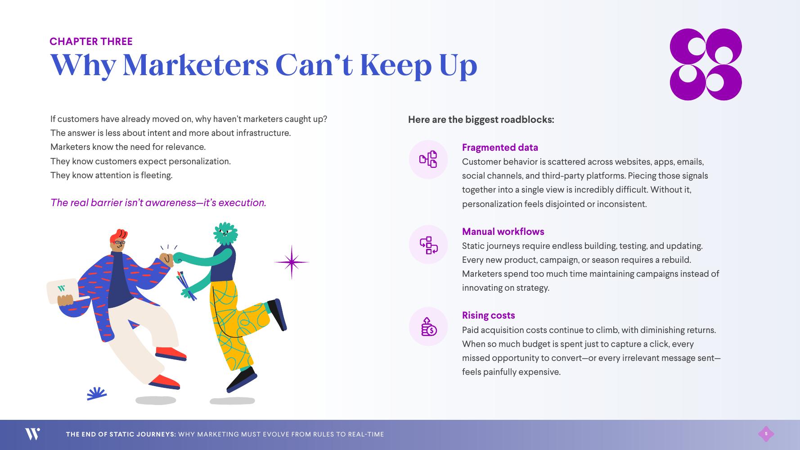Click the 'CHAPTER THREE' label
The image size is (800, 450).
point(91,41)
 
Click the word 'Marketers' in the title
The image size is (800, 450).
point(195,65)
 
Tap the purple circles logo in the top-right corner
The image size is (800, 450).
point(706,64)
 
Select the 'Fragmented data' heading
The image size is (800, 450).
point(500,148)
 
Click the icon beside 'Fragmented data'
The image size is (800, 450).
point(428,159)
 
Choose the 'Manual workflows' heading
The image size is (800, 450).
point(503,232)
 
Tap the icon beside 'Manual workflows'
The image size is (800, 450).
point(428,244)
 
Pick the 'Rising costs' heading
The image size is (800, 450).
point(488,315)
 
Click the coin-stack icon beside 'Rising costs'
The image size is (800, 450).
point(428,327)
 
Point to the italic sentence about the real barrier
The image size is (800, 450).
point(158,202)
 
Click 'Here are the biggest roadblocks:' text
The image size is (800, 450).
point(481,120)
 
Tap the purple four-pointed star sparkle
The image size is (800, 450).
point(292,262)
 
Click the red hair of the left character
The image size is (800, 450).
point(119,235)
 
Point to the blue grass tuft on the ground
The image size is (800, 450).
point(97,393)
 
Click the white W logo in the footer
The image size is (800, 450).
point(32,434)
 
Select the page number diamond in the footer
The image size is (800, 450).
point(766,434)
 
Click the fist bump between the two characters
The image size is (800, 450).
point(171,258)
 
